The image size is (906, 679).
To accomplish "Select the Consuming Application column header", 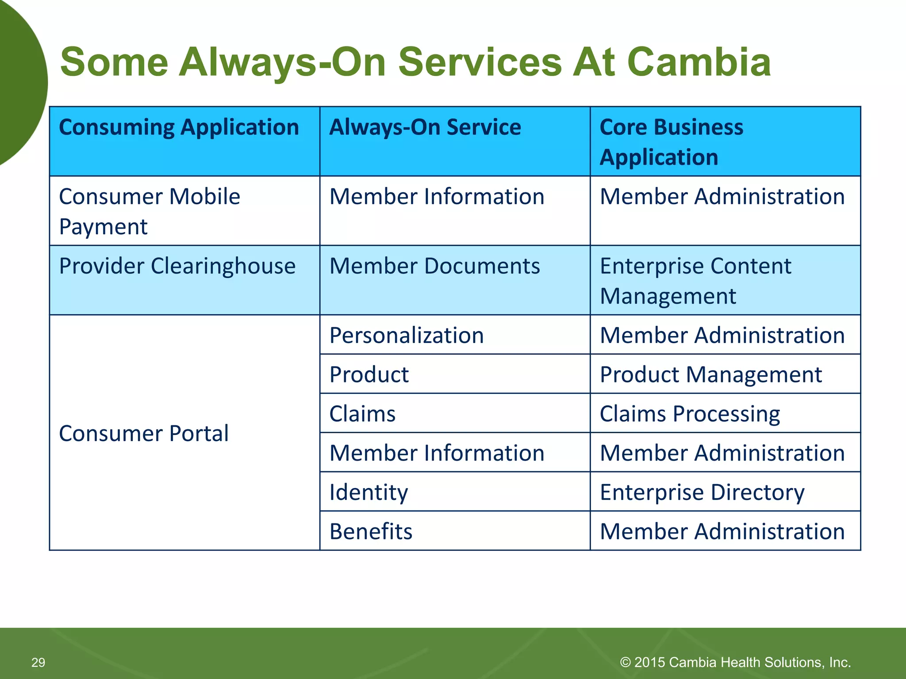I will pos(179,127).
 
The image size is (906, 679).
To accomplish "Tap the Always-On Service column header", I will pos(425,127).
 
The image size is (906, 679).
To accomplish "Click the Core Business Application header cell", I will pos(672,141).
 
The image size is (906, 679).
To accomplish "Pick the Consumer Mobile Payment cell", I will pos(150,211).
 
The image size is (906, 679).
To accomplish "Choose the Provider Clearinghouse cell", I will pos(177,267).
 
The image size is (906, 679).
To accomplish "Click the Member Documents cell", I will pos(434,267).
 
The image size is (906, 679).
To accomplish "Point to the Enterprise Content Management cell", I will pos(695,281).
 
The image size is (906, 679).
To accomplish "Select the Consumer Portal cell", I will pos(144,433).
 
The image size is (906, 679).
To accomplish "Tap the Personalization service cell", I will pos(407,336).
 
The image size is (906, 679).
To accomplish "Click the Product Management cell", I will pos(710,375).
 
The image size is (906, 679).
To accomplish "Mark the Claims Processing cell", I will pos(690,414).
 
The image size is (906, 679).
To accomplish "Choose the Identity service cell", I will pos(369,492).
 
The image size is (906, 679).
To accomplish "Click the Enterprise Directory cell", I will pos(702,492).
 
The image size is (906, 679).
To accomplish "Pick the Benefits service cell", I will pos(371,531).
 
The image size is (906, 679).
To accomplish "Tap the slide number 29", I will pos(38,662).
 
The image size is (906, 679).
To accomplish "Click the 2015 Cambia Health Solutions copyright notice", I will pos(735,662).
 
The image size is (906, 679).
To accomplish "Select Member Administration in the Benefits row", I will pos(722,531).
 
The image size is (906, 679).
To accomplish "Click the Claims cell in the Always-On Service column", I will pos(362,414).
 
